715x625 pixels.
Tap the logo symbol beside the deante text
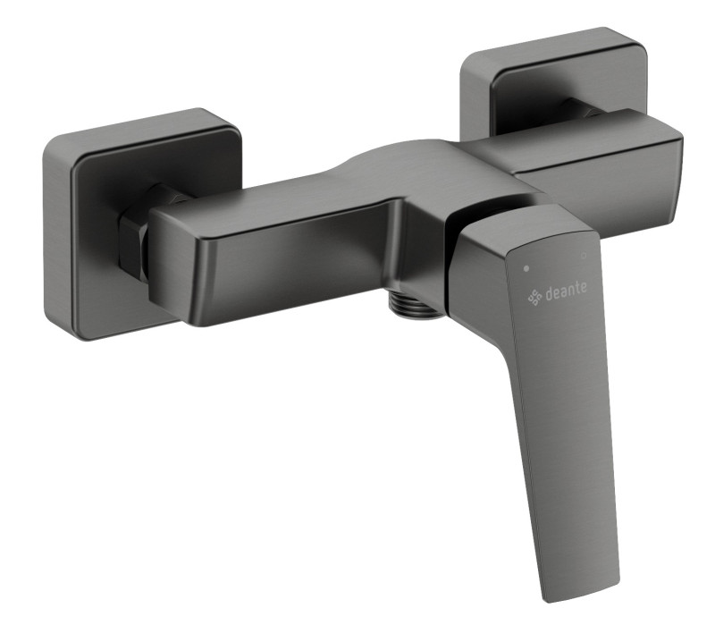pyautogui.click(x=535, y=296)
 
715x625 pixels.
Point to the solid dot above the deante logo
pyautogui.click(x=526, y=267)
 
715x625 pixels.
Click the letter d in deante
pyautogui.click(x=550, y=294)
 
